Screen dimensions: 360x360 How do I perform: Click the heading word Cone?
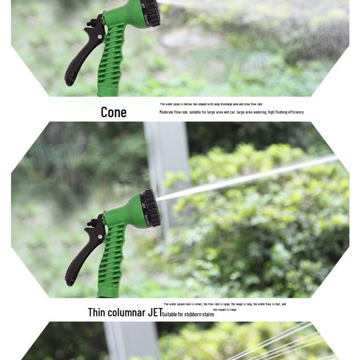(x=114, y=112)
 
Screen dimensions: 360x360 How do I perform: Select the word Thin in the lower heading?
(x=97, y=312)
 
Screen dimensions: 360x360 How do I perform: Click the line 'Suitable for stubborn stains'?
(x=188, y=314)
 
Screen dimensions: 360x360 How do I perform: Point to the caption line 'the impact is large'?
(x=225, y=309)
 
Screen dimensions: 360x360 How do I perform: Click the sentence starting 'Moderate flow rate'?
(x=231, y=112)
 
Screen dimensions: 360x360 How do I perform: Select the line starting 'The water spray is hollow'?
(x=211, y=104)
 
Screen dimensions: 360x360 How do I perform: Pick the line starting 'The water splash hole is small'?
(x=225, y=304)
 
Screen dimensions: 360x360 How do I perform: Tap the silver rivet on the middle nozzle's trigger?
(x=100, y=236)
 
